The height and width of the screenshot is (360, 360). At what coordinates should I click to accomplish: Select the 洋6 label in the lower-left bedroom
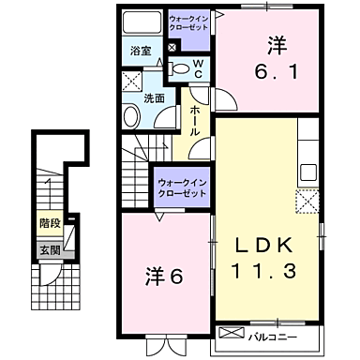click(x=162, y=277)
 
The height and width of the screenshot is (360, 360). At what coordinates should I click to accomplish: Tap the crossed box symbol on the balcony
click(x=230, y=334)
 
